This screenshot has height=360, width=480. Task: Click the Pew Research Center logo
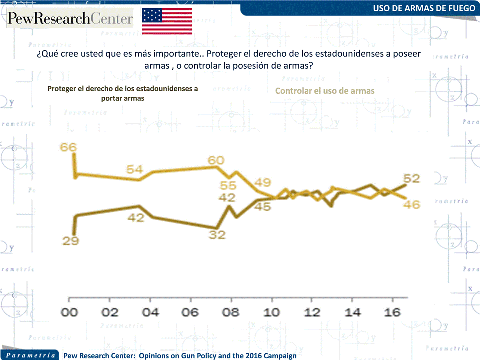(x=70, y=19)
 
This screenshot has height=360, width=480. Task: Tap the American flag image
(x=167, y=21)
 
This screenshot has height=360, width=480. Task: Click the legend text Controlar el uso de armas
(x=325, y=91)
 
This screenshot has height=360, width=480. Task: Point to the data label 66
(x=68, y=147)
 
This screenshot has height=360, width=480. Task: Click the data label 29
(x=71, y=240)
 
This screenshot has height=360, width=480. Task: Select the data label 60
(x=216, y=160)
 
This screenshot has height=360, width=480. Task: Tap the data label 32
(x=217, y=234)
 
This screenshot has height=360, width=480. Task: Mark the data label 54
(x=134, y=170)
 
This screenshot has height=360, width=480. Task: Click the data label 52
(x=412, y=178)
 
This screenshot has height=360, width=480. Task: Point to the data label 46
(x=412, y=204)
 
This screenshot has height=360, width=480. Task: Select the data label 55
(x=228, y=186)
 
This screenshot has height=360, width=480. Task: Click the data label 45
(x=263, y=205)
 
